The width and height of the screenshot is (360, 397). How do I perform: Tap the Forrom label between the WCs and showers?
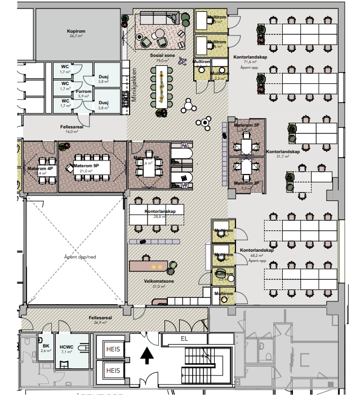(84, 92)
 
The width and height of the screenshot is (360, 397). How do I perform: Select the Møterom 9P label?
(89, 165)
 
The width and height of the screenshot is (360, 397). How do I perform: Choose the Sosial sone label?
(161, 56)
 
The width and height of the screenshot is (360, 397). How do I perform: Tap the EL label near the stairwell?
(184, 339)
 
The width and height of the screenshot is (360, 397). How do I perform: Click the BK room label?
(46, 347)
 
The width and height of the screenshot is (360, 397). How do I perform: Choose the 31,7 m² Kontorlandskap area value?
(283, 157)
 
